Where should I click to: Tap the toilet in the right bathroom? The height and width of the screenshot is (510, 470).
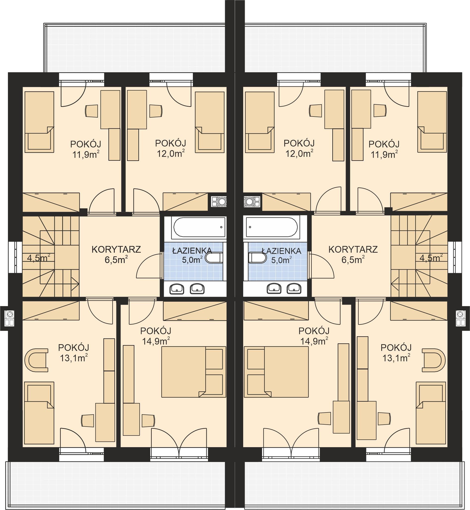point(257,258)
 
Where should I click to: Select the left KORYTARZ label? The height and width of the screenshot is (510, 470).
point(116,249)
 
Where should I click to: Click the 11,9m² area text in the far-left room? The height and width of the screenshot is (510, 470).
point(86,154)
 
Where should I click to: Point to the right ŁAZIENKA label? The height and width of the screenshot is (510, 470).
point(282,251)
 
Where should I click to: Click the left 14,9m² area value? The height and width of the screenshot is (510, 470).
point(156,341)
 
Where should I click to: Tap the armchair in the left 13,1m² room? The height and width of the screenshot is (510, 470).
point(36,360)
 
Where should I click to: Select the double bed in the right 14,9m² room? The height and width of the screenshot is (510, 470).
point(276,372)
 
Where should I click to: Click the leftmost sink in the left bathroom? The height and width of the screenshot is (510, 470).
point(177,288)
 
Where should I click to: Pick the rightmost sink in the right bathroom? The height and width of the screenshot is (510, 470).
point(294,288)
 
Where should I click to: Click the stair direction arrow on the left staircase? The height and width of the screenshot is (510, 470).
point(76,284)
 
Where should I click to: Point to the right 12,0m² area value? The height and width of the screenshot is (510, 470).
point(299,153)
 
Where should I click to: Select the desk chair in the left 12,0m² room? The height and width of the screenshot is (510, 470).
point(156,111)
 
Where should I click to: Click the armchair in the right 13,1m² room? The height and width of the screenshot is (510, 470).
point(434,360)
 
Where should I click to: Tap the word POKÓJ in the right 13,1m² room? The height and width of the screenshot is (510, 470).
point(396,347)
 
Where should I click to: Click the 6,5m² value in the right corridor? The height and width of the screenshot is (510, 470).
point(353,260)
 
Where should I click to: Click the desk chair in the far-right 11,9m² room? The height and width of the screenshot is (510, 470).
point(380,111)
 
